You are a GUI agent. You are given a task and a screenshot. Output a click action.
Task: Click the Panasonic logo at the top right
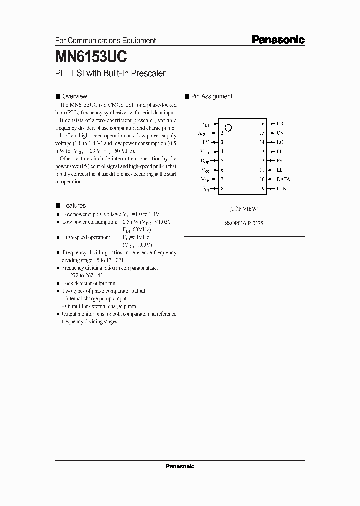click(278, 40)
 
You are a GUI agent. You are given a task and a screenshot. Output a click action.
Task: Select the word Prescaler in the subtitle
click(147, 74)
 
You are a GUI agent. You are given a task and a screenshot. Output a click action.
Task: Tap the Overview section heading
click(74, 96)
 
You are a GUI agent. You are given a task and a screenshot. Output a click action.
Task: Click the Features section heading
click(74, 205)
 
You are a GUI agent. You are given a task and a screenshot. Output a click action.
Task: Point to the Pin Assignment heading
click(211, 96)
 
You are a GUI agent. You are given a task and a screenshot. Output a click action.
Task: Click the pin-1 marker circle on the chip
click(228, 128)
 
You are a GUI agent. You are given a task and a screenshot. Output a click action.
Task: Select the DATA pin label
click(283, 179)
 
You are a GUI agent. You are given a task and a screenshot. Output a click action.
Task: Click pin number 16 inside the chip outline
click(261, 123)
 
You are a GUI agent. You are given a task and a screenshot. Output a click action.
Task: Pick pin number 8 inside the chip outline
click(221, 188)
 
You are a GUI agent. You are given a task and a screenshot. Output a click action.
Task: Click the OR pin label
click(280, 123)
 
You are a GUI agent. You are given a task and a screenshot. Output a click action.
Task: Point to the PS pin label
click(280, 160)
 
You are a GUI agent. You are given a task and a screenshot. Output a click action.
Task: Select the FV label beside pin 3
click(206, 142)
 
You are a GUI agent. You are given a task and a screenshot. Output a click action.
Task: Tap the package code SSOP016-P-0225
click(244, 224)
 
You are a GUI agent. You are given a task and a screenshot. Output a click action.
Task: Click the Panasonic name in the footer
click(179, 466)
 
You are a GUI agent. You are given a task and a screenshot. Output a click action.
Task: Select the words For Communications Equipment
click(105, 41)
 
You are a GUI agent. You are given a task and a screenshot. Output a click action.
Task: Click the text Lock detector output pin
click(88, 283)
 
